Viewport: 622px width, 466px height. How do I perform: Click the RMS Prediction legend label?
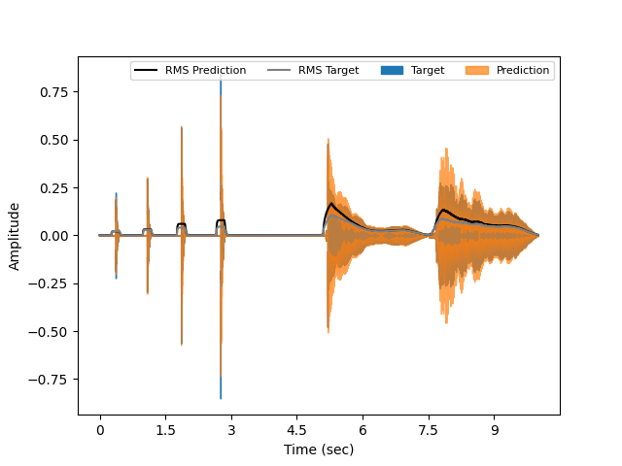tap(205, 70)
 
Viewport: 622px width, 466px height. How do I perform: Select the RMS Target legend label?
tap(328, 70)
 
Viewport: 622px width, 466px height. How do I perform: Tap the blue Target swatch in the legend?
tap(392, 70)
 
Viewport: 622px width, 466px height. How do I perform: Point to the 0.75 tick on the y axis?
tap(56, 92)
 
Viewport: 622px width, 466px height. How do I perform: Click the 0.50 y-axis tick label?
tap(56, 140)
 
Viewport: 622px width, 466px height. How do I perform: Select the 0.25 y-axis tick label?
tap(56, 187)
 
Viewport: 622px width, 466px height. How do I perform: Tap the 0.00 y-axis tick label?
tap(56, 236)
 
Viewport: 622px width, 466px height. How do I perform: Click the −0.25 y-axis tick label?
tap(52, 283)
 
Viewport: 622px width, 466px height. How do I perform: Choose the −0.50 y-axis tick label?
tap(52, 331)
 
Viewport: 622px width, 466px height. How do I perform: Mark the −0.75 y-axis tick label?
tap(52, 380)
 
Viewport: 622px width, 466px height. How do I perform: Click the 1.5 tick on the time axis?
tap(165, 430)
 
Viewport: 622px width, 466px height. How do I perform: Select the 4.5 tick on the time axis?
tap(296, 430)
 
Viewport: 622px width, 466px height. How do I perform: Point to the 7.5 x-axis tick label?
tap(429, 430)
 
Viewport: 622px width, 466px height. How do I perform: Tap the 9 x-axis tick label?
tap(495, 430)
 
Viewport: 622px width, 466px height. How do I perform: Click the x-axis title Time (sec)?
tap(319, 449)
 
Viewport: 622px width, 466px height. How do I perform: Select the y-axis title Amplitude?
tap(15, 236)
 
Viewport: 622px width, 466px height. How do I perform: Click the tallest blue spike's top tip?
tap(221, 81)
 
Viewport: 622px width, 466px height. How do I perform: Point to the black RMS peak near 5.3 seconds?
tap(330, 204)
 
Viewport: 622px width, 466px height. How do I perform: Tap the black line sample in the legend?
tap(146, 70)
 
